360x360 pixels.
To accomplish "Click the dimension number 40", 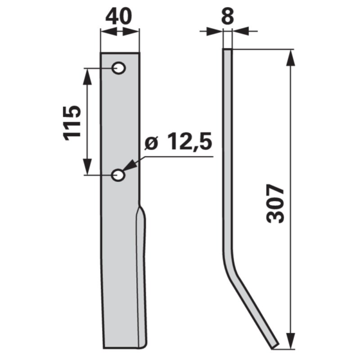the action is tap(119, 17).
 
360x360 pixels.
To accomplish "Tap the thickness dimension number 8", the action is tap(227, 17).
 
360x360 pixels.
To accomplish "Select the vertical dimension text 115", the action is tap(72, 123).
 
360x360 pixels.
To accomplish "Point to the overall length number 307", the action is tap(275, 203).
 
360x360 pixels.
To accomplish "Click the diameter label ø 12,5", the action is tap(178, 142).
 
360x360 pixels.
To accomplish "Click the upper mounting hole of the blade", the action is tap(119, 68).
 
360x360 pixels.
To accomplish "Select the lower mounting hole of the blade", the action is tap(118, 175).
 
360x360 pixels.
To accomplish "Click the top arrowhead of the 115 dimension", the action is tap(87, 77).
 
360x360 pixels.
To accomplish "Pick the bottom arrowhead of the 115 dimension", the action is tap(87, 166).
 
